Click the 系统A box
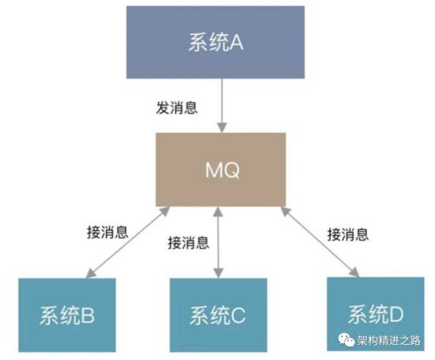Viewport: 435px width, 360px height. coord(215,42)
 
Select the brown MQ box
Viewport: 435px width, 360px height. coord(221,169)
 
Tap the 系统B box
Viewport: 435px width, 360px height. coord(67,315)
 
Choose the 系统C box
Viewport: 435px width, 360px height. coord(218,315)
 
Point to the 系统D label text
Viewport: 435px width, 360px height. coord(376,314)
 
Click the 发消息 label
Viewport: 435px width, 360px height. coord(176,108)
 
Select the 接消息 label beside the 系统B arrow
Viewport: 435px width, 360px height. coord(108,232)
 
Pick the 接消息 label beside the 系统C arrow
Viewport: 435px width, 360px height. coord(189,243)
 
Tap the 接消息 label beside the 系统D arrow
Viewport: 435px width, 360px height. coord(348,234)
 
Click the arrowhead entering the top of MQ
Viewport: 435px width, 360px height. coord(221,127)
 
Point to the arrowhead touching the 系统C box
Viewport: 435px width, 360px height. coord(218,274)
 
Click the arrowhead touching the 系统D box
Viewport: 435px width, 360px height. coord(355,272)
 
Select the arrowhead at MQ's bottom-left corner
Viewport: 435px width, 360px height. coord(165,211)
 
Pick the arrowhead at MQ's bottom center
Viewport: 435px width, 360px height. coord(218,211)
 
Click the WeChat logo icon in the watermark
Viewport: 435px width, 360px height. coord(346,340)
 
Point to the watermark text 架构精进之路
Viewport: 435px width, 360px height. coord(388,340)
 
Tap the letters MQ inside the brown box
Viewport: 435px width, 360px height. coord(222,170)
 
